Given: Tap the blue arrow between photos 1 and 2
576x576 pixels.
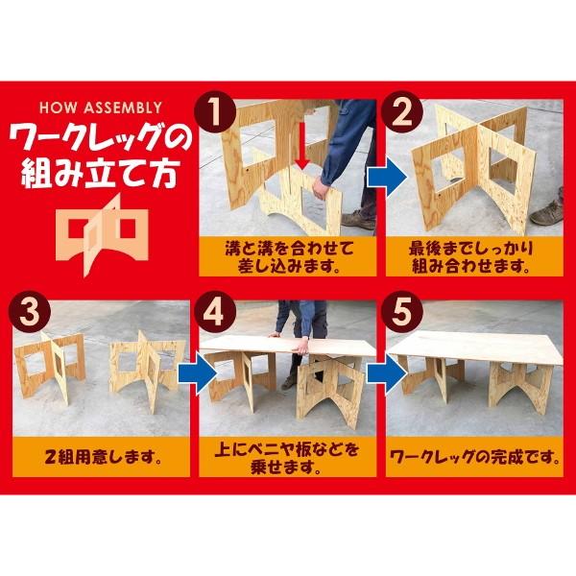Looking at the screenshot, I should click(382, 179).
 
